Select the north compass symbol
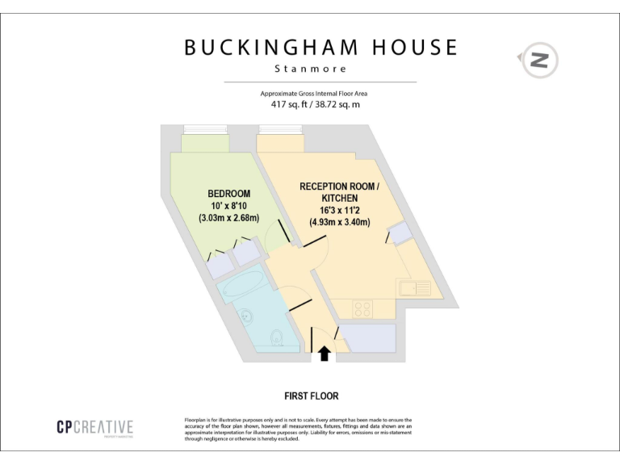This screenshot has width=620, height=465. click(x=539, y=59)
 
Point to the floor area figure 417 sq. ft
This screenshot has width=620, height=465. click(x=291, y=105)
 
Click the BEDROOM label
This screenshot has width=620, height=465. click(x=228, y=194)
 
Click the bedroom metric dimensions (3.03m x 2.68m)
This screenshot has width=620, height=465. click(x=228, y=218)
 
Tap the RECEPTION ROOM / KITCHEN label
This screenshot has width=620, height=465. click(x=338, y=192)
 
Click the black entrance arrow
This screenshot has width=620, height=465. click(x=325, y=353)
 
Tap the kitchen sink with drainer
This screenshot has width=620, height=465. click(x=413, y=287)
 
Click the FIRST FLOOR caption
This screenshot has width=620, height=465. click(x=311, y=396)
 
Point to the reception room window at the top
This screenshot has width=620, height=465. click(x=279, y=129)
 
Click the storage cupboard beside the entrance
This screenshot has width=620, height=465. click(x=368, y=337)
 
